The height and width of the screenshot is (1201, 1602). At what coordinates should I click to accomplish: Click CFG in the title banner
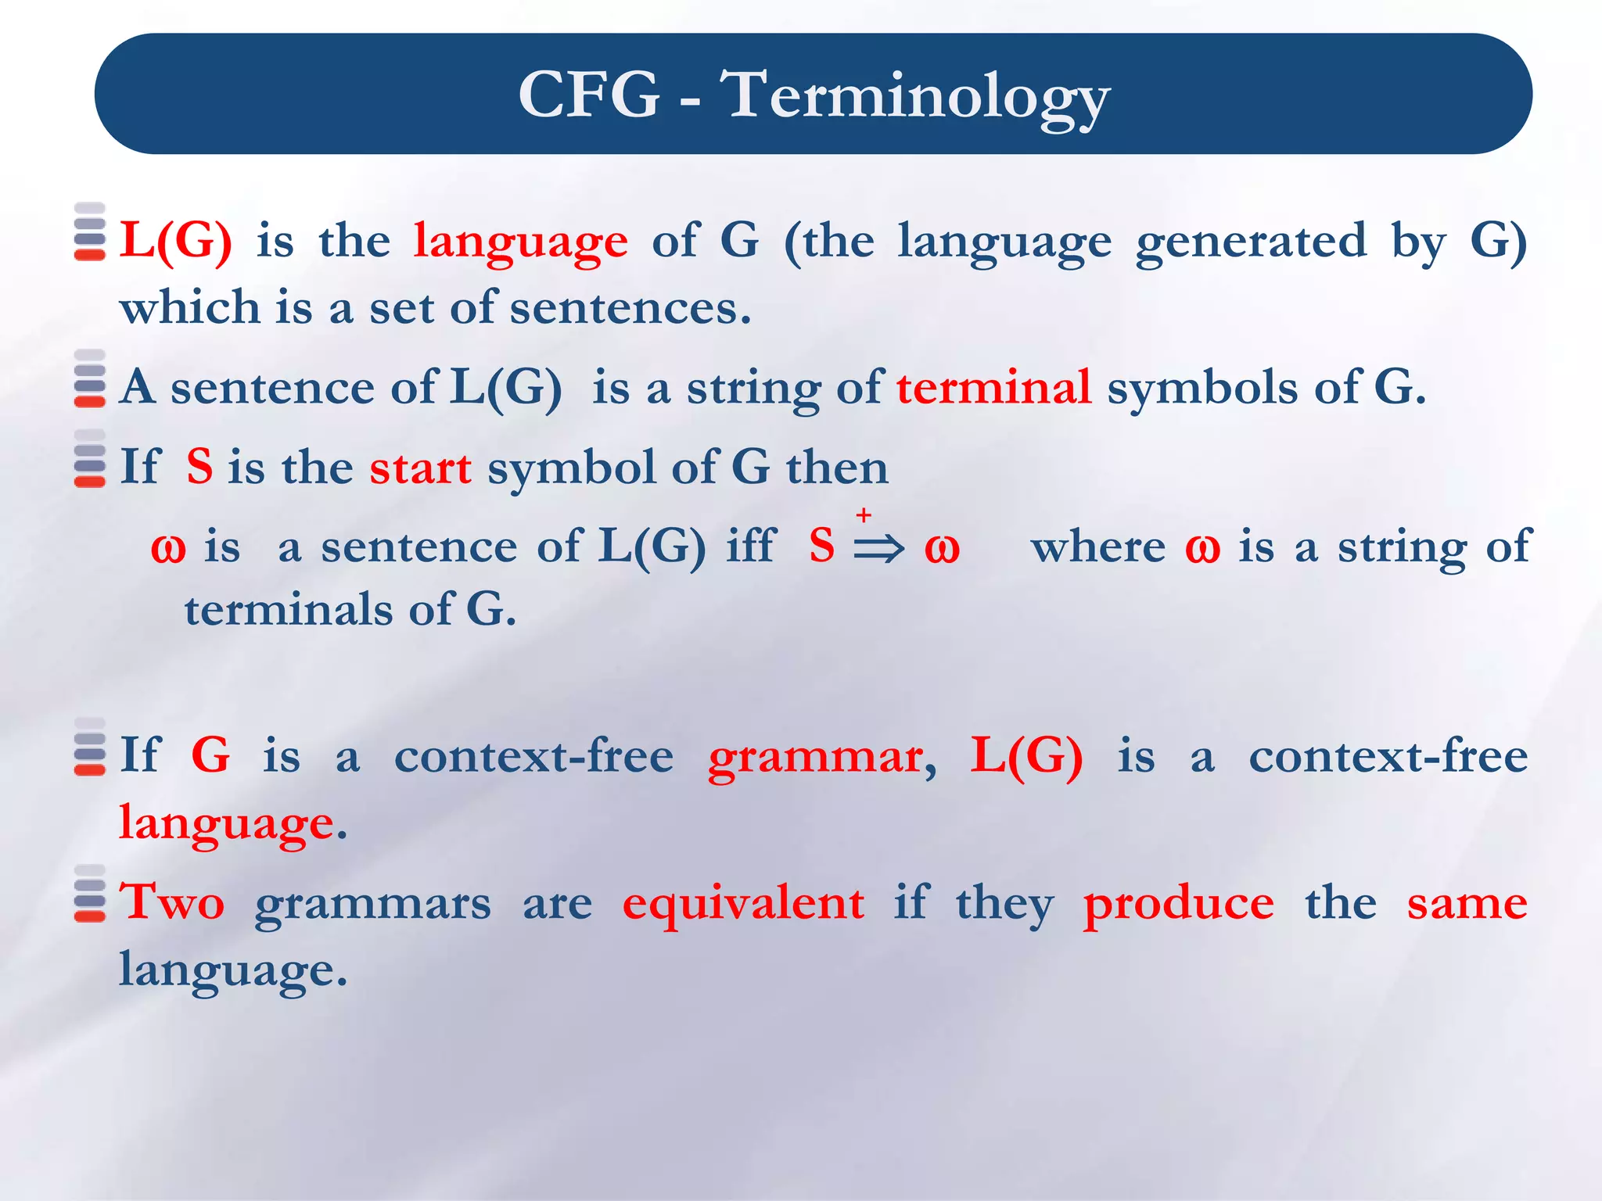click(x=589, y=95)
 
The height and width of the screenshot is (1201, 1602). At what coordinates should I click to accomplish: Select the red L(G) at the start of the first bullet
click(x=176, y=240)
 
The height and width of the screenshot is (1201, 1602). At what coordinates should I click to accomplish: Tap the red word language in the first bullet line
click(x=520, y=242)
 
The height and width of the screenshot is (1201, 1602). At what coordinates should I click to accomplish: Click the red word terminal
click(x=993, y=387)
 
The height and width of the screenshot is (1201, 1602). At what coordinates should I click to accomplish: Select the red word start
click(x=420, y=468)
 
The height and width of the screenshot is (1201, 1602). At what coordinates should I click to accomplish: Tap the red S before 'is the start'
click(x=199, y=467)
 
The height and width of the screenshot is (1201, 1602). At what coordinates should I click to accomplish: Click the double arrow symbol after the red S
click(x=878, y=548)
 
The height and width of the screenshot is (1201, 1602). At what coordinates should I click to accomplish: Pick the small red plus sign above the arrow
click(x=864, y=514)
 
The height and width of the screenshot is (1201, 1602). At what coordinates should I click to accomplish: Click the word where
click(x=1098, y=547)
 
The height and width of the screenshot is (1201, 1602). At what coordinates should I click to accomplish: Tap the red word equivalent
click(x=743, y=904)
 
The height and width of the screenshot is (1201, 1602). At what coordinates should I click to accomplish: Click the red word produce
click(x=1178, y=904)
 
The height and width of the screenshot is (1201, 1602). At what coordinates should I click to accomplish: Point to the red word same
click(x=1467, y=904)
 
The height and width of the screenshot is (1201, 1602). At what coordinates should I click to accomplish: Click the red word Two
click(x=172, y=902)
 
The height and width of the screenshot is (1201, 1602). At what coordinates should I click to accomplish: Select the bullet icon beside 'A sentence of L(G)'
click(x=90, y=379)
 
